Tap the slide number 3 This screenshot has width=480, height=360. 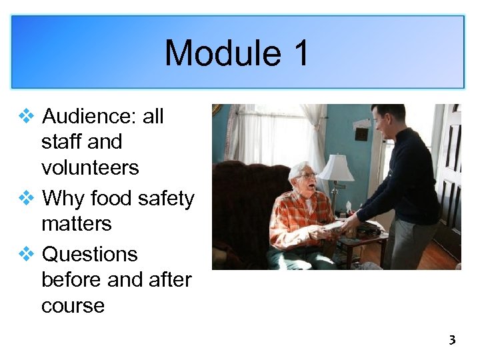point(451,341)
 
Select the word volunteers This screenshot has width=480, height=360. point(90,167)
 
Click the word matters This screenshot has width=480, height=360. point(76,223)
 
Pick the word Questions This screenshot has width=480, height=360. point(89,255)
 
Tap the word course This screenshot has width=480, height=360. point(73,306)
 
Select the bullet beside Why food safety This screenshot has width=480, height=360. point(27,199)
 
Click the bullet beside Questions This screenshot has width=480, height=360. point(27,255)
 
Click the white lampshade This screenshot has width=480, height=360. point(337,168)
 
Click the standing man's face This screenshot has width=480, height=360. point(382,121)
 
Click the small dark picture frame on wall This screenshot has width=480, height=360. point(362,133)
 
